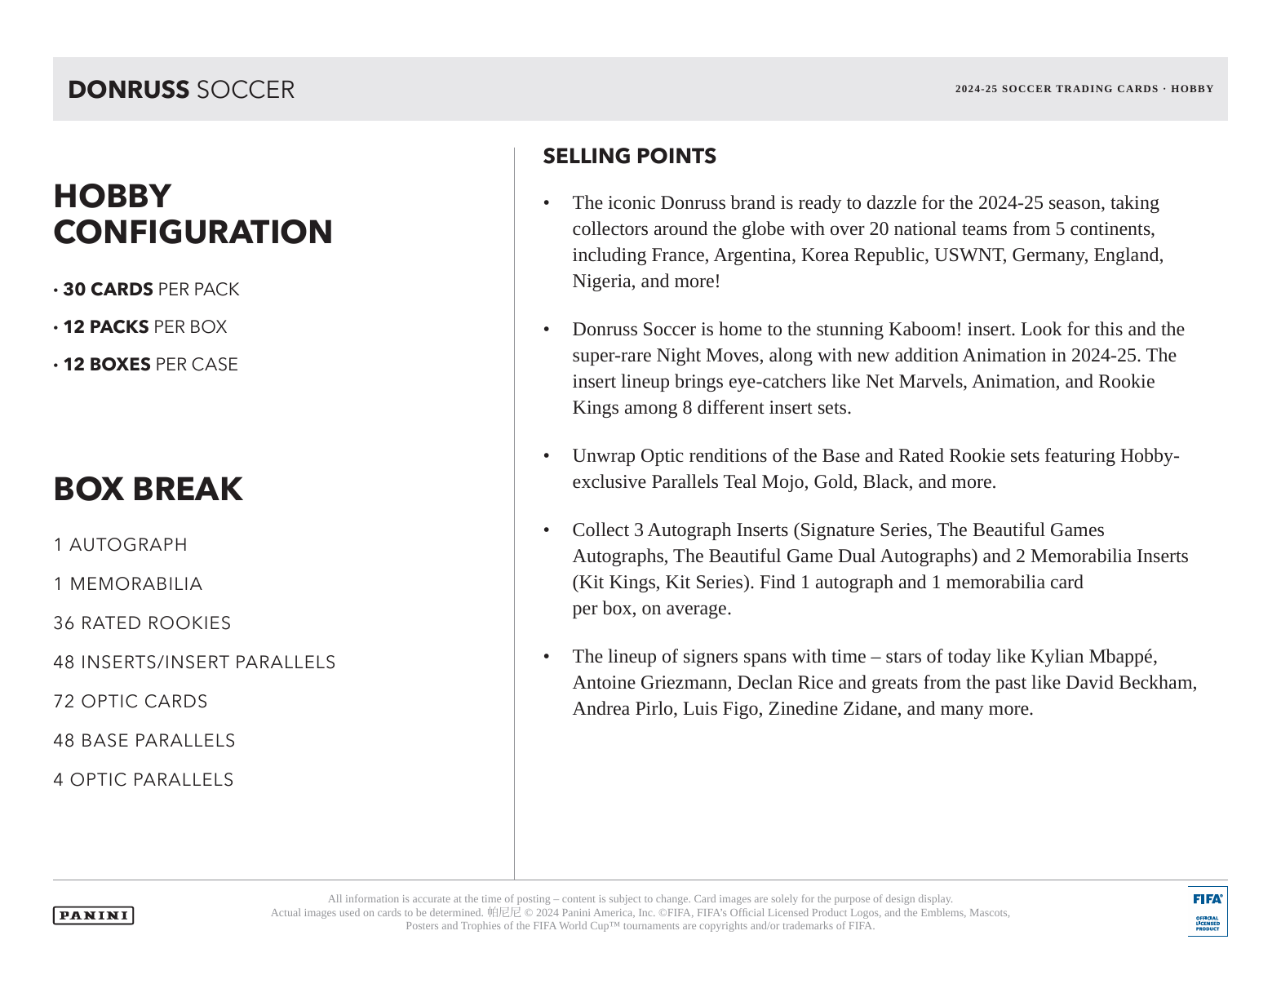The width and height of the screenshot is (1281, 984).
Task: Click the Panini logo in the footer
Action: coord(93,915)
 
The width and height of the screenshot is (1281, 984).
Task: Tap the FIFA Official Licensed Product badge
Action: coord(1207,911)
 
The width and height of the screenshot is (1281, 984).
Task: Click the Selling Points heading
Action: coord(629,156)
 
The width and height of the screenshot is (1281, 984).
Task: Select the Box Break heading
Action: coord(148,489)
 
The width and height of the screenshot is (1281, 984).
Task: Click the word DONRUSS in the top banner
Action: coord(128,90)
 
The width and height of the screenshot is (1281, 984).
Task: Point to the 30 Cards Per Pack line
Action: coord(150,290)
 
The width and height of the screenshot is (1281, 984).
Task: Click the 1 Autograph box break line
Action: coord(120,545)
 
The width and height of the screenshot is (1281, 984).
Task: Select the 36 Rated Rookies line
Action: coord(142,623)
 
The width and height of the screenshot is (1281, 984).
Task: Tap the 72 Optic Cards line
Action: coord(131,702)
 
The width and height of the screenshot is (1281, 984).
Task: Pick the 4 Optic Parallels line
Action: coord(143,780)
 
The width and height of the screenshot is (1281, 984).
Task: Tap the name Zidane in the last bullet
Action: coord(870,709)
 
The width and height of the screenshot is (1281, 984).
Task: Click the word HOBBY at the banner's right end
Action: coord(1192,89)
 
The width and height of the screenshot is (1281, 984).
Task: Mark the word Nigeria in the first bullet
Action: coord(601,281)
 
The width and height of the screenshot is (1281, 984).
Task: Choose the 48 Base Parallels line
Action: coord(144,741)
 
